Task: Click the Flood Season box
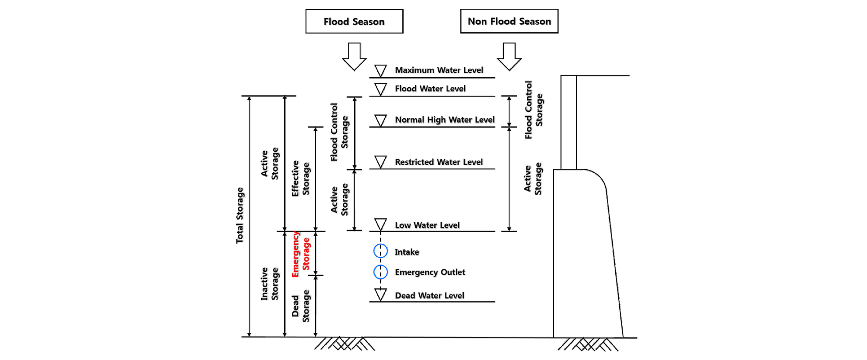pyautogui.click(x=354, y=22)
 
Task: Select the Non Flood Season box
pyautogui.click(x=509, y=21)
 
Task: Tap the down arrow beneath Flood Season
pyautogui.click(x=354, y=57)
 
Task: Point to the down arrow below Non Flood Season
pyautogui.click(x=509, y=57)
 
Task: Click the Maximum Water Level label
pyautogui.click(x=439, y=70)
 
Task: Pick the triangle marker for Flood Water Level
pyautogui.click(x=380, y=89)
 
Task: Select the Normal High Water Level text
pyautogui.click(x=444, y=120)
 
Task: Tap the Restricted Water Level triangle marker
pyautogui.click(x=380, y=162)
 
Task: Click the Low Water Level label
pyautogui.click(x=427, y=225)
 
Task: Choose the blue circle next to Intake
pyautogui.click(x=380, y=251)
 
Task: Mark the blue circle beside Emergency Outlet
pyautogui.click(x=380, y=272)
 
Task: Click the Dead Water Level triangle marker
pyautogui.click(x=380, y=294)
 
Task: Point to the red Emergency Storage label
pyautogui.click(x=301, y=254)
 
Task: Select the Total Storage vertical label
pyautogui.click(x=240, y=215)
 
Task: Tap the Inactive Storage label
pyautogui.click(x=269, y=284)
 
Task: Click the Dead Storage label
pyautogui.click(x=301, y=306)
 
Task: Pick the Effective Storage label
pyautogui.click(x=301, y=178)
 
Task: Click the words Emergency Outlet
pyautogui.click(x=430, y=272)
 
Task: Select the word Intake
pyautogui.click(x=407, y=252)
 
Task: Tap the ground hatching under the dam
pyautogui.click(x=588, y=344)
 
